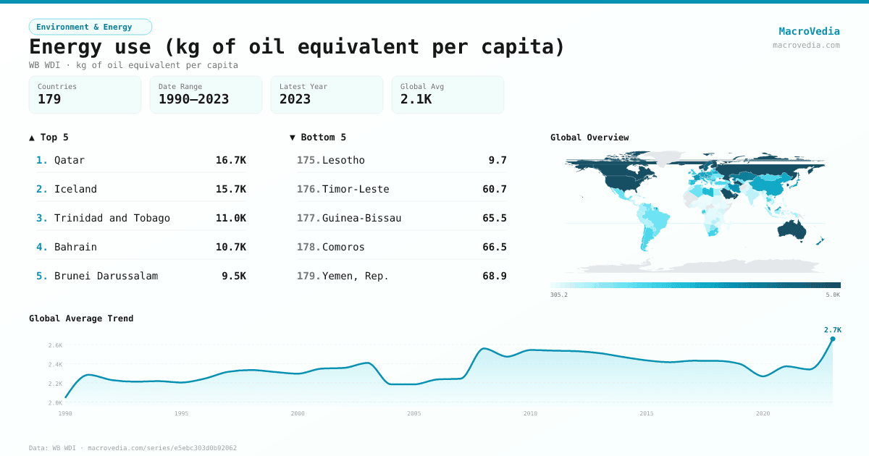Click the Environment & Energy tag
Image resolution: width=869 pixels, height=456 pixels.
tap(91, 27)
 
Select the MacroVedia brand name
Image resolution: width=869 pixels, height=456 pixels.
tap(809, 31)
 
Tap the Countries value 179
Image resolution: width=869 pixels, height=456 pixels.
tap(50, 99)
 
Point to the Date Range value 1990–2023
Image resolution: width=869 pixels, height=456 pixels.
tap(193, 99)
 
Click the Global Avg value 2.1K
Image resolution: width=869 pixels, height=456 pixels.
tap(416, 99)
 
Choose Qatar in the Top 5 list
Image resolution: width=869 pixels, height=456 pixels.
tap(70, 160)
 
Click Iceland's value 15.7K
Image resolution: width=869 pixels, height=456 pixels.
tap(230, 189)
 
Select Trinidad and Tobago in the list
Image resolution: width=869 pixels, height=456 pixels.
tap(112, 218)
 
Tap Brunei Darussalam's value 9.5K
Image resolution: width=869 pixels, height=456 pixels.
tap(233, 276)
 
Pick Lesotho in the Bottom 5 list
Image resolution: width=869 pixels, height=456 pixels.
tap(343, 160)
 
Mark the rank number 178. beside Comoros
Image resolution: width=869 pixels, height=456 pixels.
tap(308, 247)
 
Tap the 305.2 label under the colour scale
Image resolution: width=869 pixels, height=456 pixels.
tap(559, 295)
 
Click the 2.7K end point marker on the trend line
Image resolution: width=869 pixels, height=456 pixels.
tap(832, 339)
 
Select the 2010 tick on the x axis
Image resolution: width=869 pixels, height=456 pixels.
tap(531, 413)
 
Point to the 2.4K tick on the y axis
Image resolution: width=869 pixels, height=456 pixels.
tap(55, 364)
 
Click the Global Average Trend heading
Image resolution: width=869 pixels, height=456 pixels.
tap(81, 318)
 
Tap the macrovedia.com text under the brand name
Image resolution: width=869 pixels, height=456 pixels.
tap(806, 45)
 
